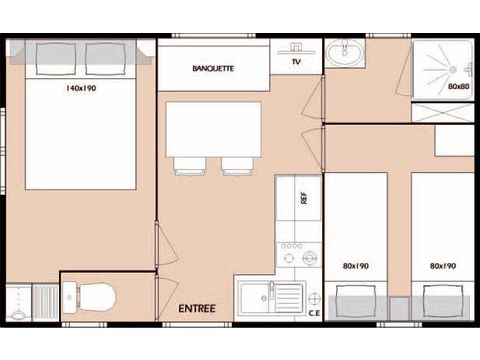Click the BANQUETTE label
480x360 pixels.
[213, 68]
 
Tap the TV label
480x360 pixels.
[296, 61]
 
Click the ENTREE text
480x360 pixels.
[197, 308]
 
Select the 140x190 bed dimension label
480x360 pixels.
[81, 88]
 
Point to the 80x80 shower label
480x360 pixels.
[459, 86]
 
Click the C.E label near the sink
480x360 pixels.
[314, 313]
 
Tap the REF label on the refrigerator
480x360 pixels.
[303, 198]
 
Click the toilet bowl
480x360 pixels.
[97, 296]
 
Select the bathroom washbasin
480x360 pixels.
[345, 52]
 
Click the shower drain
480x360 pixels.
[452, 70]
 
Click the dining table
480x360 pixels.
[213, 129]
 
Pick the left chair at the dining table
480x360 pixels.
[189, 166]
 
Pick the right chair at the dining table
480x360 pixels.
[238, 166]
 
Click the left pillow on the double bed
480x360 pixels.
[56, 59]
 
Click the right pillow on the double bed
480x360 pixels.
[105, 59]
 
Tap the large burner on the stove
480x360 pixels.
[309, 258]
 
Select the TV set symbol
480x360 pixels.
[296, 49]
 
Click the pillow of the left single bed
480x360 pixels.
[356, 302]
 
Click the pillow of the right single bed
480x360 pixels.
[443, 302]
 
